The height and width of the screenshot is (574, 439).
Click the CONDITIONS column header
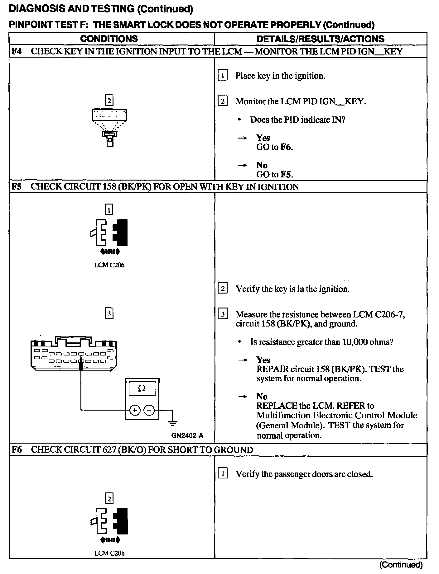109,39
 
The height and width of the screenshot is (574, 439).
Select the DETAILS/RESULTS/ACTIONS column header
320,39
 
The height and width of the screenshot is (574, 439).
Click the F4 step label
17,51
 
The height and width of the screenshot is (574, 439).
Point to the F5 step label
17,187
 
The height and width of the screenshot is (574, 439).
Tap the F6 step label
17,450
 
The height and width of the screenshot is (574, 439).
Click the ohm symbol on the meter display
142,388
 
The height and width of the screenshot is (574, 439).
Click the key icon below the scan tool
109,139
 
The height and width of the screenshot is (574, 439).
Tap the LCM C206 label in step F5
109,265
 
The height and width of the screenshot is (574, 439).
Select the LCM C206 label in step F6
109,553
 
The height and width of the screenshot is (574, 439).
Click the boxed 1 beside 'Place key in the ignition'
222,76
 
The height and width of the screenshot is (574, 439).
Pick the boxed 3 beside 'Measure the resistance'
223,314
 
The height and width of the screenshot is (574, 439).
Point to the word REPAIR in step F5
272,369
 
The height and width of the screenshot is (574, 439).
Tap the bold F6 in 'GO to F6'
286,147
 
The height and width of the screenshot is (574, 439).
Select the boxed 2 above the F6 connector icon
109,499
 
